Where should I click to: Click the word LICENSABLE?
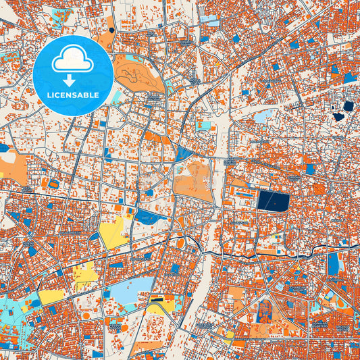pos(72,96)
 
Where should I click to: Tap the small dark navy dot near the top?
pos(111,30)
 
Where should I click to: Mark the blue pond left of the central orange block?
pos(147,216)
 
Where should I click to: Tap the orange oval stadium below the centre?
pos(180,243)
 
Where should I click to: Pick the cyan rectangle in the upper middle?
pos(203,126)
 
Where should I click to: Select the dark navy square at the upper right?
pos(348,106)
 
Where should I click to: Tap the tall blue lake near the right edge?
pos(334,263)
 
